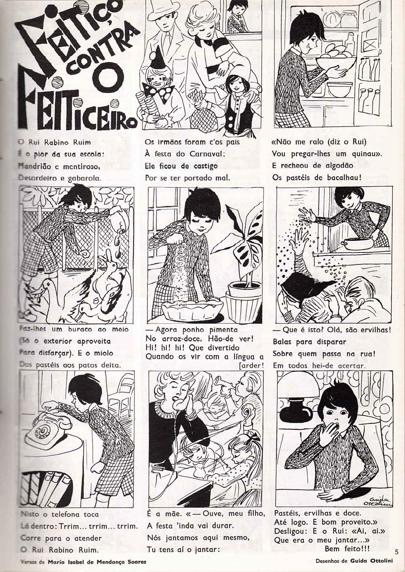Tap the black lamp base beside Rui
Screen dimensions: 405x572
pyautogui.click(x=295, y=412)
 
